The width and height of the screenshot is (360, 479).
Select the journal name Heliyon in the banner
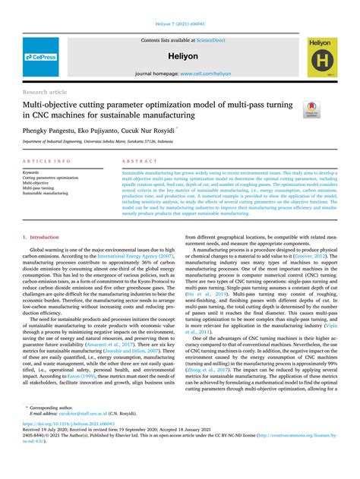point(181,56)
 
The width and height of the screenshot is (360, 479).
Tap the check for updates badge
point(331,109)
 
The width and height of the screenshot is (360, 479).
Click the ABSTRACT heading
point(139,162)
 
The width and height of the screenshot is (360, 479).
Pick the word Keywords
point(32,172)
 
